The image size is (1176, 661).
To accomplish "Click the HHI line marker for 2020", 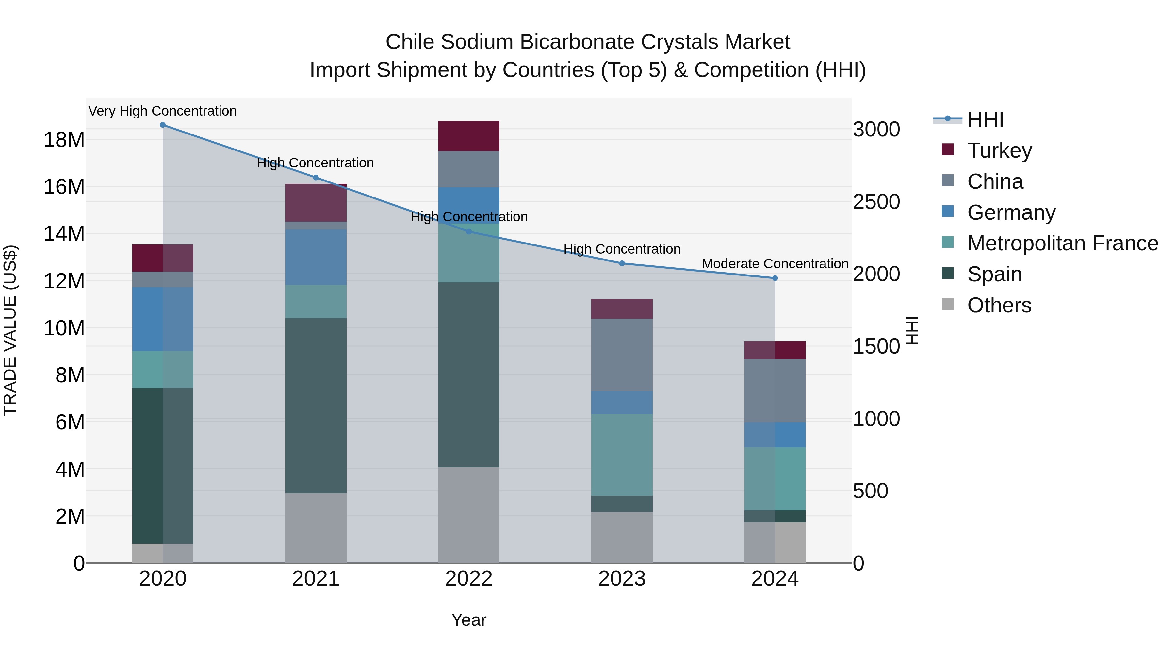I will click(163, 125).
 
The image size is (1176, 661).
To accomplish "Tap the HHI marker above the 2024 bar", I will click(775, 278).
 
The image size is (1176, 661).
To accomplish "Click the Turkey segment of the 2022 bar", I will click(469, 136).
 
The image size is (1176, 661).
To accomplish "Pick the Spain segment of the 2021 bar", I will click(316, 405).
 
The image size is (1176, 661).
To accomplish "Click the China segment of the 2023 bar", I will click(622, 354).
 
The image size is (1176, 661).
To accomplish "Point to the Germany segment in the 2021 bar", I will click(316, 257).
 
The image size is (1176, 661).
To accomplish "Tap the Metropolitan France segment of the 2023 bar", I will click(622, 454).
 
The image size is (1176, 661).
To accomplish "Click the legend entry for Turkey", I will click(999, 150).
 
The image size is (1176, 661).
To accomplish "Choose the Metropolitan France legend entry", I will click(1062, 243).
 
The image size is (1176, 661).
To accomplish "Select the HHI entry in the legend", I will click(985, 119).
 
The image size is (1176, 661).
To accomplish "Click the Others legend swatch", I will click(948, 304).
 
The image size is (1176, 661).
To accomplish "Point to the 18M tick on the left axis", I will click(64, 140).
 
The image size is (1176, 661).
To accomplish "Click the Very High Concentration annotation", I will click(163, 111).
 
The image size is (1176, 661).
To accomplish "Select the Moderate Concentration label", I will click(775, 264).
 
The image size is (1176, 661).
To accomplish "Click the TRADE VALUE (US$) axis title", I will click(10, 330).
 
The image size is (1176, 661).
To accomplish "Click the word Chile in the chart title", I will click(410, 42).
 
